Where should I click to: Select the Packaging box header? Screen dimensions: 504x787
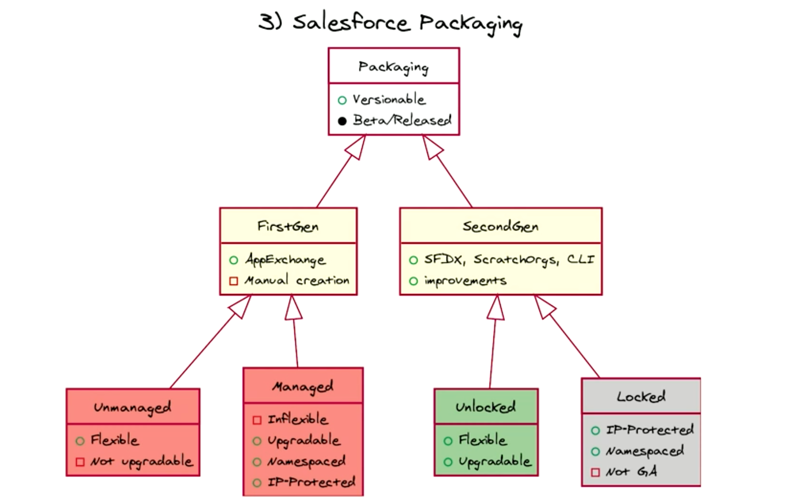(393, 66)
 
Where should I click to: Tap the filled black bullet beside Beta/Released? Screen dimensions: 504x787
(342, 121)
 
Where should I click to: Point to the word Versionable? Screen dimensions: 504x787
(389, 99)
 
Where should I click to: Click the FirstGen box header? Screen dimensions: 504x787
(288, 226)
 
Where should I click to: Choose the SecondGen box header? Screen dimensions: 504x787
(500, 226)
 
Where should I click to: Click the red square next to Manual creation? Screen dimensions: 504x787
(234, 281)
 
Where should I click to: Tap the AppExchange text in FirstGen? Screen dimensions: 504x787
(285, 260)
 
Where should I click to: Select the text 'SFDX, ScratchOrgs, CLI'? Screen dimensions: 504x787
(509, 259)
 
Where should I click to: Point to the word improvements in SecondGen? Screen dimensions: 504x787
(465, 281)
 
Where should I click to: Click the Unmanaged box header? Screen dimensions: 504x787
(133, 407)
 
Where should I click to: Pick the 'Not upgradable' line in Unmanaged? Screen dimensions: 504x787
(141, 462)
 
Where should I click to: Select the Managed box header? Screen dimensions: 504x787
(303, 386)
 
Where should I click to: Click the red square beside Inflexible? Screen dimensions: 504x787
(257, 420)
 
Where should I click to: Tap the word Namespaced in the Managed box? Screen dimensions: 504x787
(306, 462)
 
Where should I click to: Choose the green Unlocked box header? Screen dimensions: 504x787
(486, 407)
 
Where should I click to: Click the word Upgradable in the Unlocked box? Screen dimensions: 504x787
(495, 462)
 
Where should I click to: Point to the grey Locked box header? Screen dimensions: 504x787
(641, 396)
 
